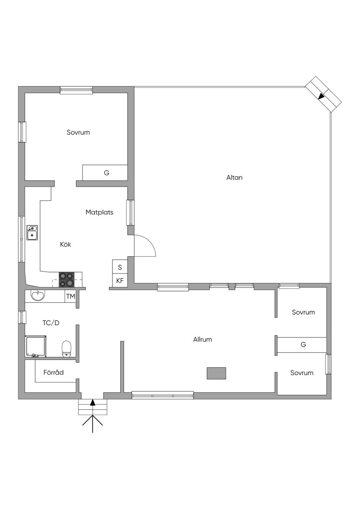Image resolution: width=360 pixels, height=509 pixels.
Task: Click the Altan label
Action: tap(234, 178)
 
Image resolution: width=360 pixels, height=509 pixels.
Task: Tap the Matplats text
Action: tap(99, 212)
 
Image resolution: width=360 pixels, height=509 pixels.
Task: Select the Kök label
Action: tap(65, 244)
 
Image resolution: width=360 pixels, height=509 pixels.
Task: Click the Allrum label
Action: tap(202, 340)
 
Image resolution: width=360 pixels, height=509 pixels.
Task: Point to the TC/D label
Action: tap(51, 323)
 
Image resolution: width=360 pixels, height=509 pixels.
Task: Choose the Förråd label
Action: tap(53, 372)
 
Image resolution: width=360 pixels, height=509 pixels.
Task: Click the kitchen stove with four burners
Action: tap(66, 280)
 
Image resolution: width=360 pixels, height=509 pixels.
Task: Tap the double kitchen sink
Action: tap(32, 233)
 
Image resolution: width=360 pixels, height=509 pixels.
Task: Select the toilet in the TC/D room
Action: tap(66, 349)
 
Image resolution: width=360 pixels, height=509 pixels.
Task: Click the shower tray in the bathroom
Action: tap(36, 347)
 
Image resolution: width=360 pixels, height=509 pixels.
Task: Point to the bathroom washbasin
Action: tap(38, 296)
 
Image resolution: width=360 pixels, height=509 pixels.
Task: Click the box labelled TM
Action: tap(70, 296)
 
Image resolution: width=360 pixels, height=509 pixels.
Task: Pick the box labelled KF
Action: tap(120, 281)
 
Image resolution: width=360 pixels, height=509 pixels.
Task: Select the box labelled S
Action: tap(120, 267)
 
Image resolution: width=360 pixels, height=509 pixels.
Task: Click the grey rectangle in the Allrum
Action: tap(216, 373)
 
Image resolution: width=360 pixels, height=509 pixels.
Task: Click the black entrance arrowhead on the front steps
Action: tap(92, 402)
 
